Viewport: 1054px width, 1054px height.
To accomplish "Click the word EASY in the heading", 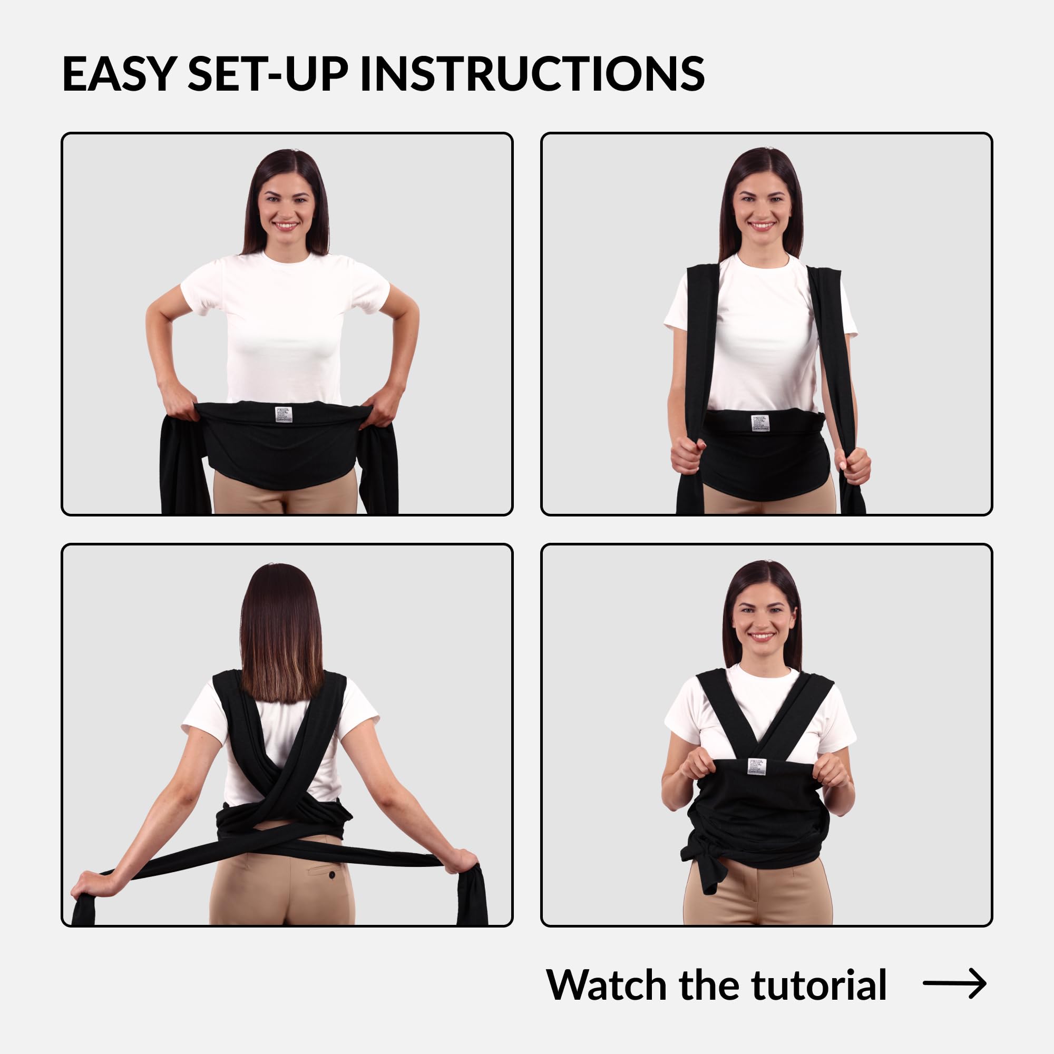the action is tap(119, 73).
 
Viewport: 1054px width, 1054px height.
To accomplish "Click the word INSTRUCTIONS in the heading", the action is tap(532, 73).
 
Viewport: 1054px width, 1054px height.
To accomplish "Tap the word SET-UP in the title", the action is tap(267, 73).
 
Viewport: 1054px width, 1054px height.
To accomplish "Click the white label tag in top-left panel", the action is tap(283, 414).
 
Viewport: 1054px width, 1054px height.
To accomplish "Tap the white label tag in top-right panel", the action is tap(759, 422).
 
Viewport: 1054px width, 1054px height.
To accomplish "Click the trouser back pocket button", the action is tap(331, 875).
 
